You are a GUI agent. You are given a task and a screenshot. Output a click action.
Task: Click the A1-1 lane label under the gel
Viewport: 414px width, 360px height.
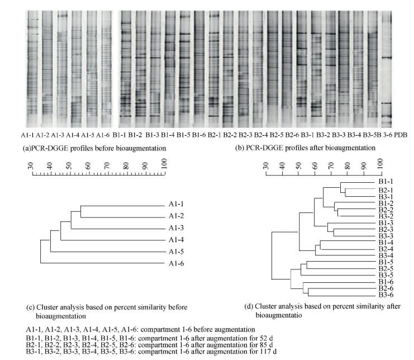pos(27,135)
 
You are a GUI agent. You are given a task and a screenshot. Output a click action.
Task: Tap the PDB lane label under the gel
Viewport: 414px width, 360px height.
pos(401,135)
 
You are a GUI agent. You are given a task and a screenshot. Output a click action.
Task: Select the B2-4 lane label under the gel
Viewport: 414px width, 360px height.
pos(261,135)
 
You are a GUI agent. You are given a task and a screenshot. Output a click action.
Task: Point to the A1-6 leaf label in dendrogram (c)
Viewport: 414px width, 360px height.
pos(177,264)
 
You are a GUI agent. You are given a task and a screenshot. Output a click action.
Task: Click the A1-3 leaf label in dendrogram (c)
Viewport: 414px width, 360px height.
pos(177,228)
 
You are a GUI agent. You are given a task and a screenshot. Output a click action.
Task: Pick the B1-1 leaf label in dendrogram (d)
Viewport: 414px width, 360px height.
pos(386,182)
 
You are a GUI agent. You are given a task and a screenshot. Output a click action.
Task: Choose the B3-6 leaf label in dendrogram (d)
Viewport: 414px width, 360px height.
pos(386,295)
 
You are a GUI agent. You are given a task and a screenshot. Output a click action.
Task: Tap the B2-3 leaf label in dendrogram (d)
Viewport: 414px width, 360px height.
pos(386,230)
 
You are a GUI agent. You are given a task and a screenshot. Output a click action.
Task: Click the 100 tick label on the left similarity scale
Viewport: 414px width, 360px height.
pos(164,163)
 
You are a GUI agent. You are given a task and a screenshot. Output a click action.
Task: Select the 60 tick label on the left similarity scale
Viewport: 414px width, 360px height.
pos(88,165)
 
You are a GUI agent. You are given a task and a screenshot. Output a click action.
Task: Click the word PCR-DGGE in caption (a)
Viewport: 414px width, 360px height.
pos(47,148)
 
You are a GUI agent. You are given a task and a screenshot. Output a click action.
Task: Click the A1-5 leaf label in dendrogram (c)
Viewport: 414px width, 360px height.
pos(177,252)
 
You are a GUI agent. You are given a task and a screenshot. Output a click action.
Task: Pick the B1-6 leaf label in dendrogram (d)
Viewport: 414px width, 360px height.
pos(386,282)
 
